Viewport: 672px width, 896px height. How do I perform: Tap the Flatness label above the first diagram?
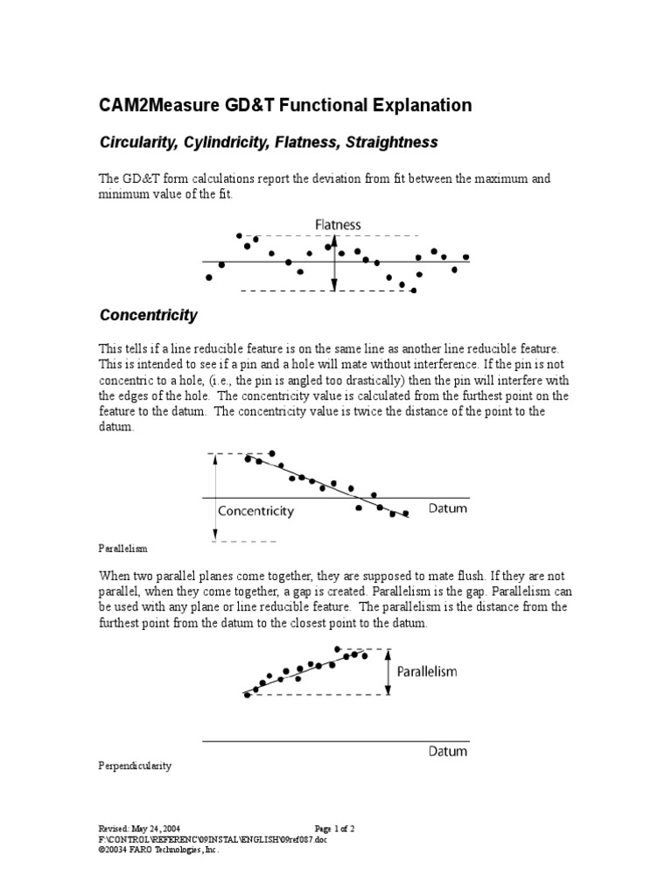(338, 225)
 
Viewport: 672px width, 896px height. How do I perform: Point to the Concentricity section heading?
(148, 315)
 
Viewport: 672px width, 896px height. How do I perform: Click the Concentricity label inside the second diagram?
(255, 510)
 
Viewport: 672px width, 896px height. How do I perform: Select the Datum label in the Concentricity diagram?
(448, 508)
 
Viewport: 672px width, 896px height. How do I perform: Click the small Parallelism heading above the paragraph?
(122, 549)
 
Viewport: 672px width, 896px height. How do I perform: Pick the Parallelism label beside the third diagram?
(427, 672)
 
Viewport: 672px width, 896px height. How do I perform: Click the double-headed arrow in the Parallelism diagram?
(388, 672)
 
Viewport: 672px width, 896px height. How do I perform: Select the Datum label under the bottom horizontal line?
(448, 751)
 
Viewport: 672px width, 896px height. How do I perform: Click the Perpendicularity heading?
(135, 766)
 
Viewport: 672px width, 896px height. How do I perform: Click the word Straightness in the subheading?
(393, 142)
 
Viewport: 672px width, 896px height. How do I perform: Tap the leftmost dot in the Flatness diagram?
(208, 277)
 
